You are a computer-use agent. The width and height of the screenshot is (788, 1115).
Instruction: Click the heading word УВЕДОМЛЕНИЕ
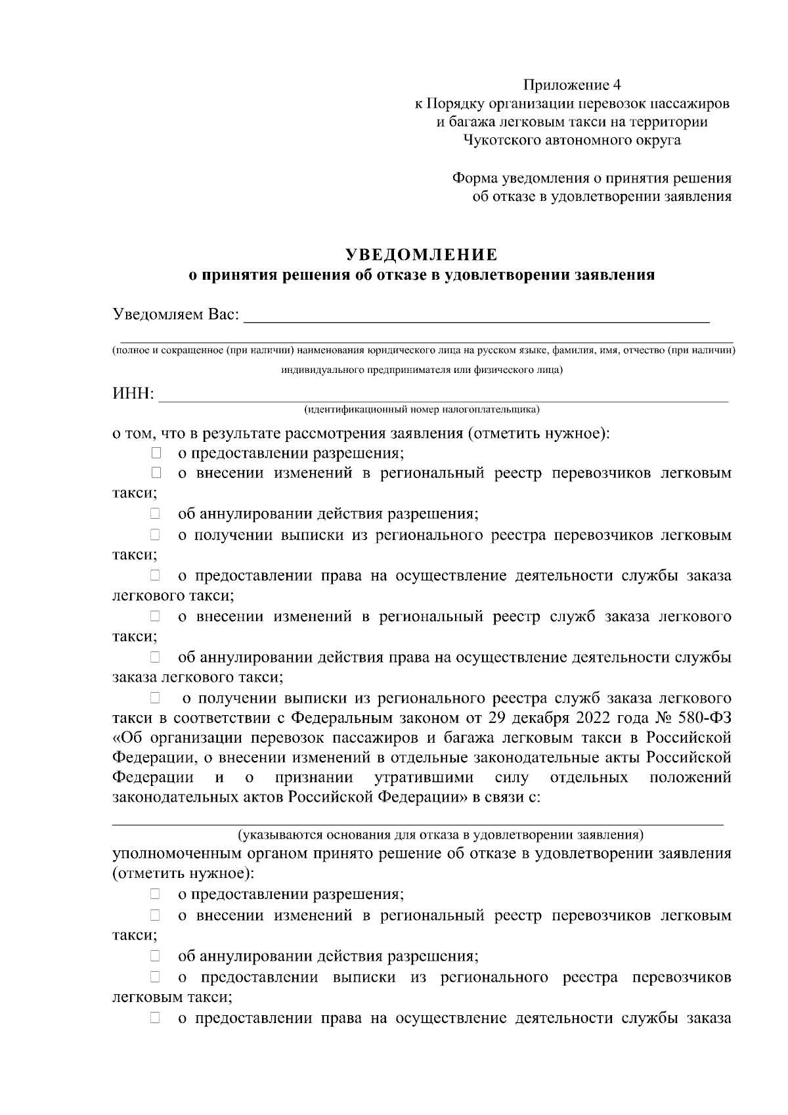421,255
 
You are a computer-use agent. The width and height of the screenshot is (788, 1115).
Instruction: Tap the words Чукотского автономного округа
571,140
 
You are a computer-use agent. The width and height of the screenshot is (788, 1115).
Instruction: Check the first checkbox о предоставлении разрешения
156,453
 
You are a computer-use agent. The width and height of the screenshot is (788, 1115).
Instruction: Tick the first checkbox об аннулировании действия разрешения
156,514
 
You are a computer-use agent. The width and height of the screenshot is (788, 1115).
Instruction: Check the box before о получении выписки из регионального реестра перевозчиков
156,535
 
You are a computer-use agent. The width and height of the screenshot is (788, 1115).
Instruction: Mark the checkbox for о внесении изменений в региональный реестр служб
156,616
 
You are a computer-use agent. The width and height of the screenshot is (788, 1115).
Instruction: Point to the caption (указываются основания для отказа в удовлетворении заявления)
441,835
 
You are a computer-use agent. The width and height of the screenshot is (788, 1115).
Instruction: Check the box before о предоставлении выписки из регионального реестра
156,977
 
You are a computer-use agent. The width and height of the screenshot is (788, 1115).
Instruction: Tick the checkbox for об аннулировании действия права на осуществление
156,657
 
